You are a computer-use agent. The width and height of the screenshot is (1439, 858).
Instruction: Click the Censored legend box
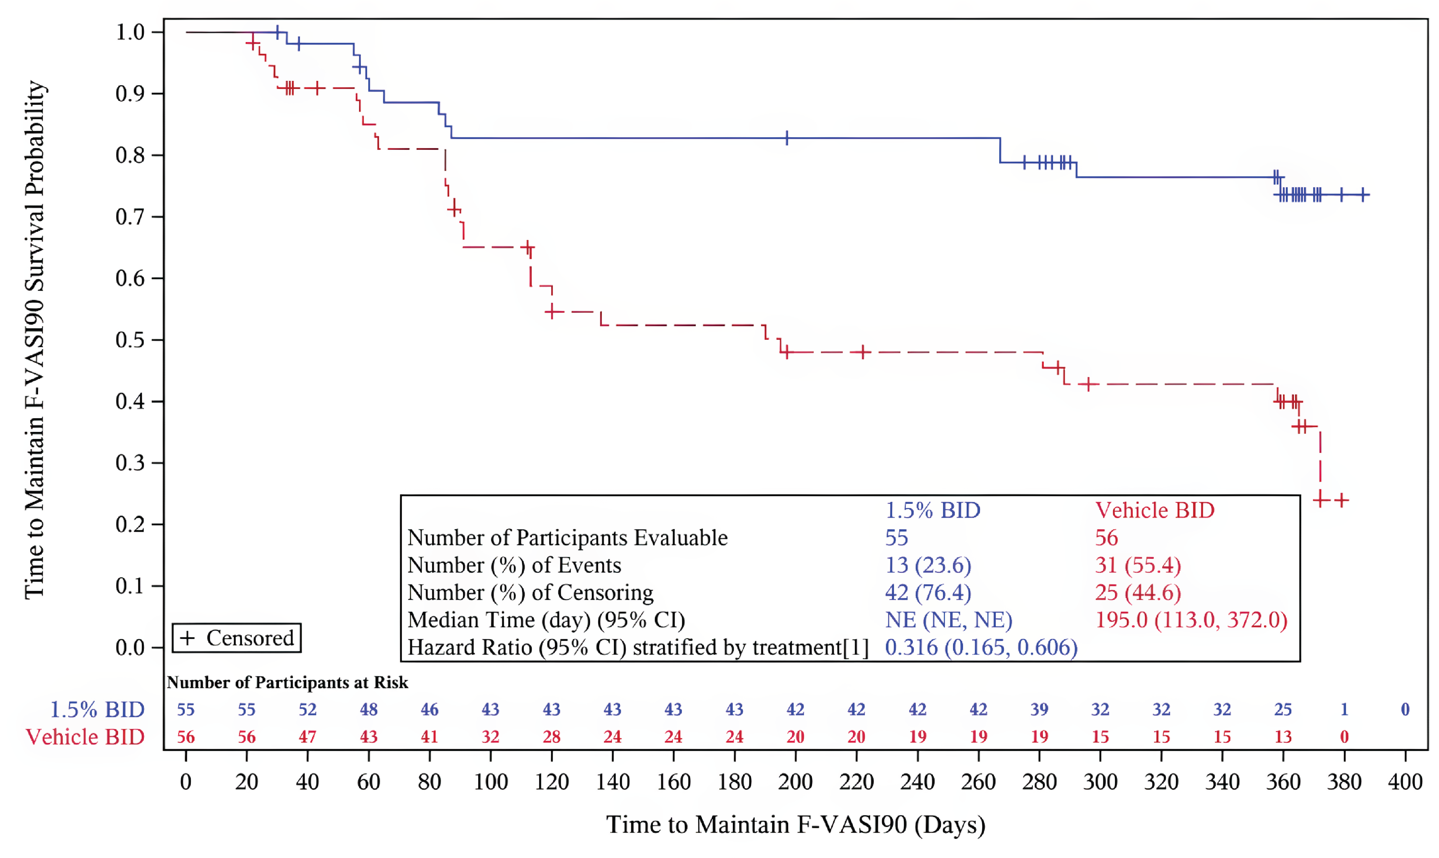237,638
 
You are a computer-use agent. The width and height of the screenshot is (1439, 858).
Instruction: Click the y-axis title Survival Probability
35,339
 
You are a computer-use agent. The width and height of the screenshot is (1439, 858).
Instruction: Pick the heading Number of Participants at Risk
287,682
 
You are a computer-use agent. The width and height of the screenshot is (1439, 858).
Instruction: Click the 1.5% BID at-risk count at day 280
1039,709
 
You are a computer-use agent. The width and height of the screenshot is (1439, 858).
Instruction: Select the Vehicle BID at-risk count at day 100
490,737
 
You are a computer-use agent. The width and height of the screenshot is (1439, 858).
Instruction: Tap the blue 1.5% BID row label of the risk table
97,709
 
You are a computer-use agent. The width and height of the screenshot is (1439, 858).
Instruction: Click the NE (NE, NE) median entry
948,620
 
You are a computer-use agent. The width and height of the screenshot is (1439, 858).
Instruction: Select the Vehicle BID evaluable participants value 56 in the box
1106,538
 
